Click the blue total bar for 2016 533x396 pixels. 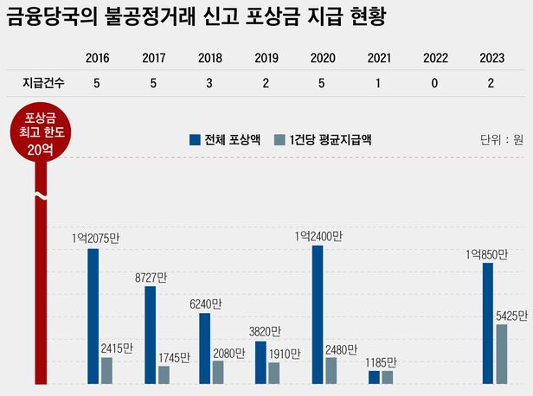tap(93, 316)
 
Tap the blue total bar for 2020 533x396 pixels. tap(318, 314)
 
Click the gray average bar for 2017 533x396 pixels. tap(164, 374)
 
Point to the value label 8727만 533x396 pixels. tap(151, 277)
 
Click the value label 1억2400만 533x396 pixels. tap(318, 235)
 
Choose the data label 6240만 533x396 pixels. tap(207, 304)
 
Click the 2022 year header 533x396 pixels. tap(435, 59)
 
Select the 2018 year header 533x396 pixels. tap(209, 59)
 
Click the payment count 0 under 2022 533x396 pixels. tap(435, 83)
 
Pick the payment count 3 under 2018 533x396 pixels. tap(209, 83)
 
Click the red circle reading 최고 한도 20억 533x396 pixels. tap(39, 134)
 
